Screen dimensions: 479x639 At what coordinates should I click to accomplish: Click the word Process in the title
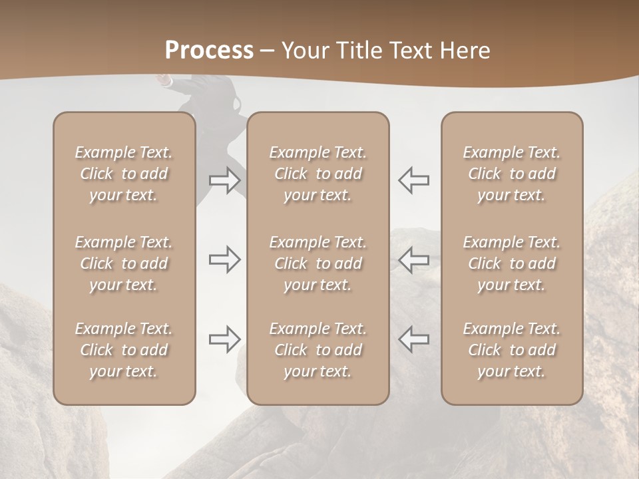pyautogui.click(x=209, y=50)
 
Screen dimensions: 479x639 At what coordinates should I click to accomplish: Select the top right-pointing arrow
pyautogui.click(x=224, y=180)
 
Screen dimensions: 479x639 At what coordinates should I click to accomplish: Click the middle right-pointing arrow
pyautogui.click(x=224, y=259)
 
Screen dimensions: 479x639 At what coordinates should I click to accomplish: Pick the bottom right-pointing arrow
pyautogui.click(x=224, y=339)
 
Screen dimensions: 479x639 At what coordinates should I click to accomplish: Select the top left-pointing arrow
pyautogui.click(x=414, y=180)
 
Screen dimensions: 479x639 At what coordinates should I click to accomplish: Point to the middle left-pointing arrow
pyautogui.click(x=414, y=259)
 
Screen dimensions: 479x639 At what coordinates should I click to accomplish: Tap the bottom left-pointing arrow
pyautogui.click(x=414, y=339)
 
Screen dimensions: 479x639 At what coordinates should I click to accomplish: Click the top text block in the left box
pyautogui.click(x=124, y=174)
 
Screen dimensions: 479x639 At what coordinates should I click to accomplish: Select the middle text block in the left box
pyautogui.click(x=124, y=263)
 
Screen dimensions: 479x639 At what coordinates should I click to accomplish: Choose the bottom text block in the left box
pyautogui.click(x=124, y=350)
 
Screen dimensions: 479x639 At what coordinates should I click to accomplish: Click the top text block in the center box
pyautogui.click(x=318, y=174)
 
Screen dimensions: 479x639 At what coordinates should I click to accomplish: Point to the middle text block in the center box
pyautogui.click(x=318, y=263)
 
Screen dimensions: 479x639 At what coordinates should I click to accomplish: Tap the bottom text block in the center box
pyautogui.click(x=318, y=350)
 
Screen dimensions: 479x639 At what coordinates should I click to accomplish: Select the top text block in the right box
pyautogui.click(x=511, y=174)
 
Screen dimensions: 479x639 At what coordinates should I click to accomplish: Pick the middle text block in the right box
pyautogui.click(x=511, y=263)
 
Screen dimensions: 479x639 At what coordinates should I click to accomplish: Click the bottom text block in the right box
pyautogui.click(x=511, y=350)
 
